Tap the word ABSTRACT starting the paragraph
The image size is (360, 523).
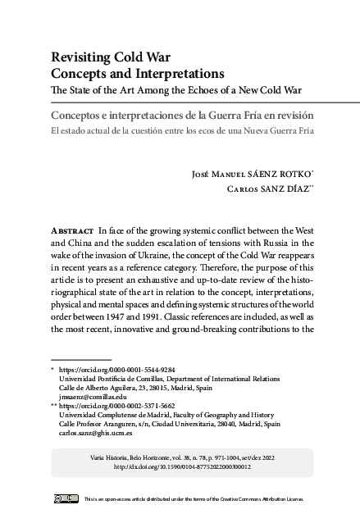[71, 233]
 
